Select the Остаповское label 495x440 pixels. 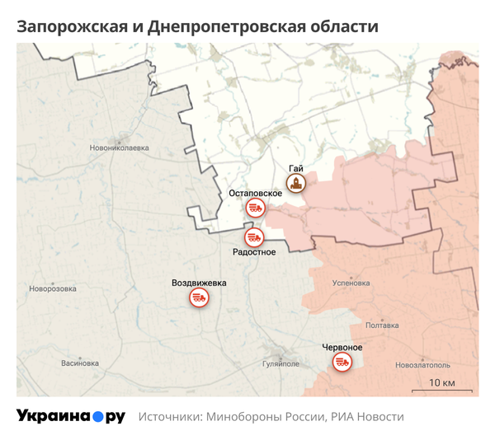click(255, 193)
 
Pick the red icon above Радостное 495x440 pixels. click(253, 237)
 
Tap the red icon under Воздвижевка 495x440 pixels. click(198, 297)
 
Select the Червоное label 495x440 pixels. click(342, 347)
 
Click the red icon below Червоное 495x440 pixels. click(342, 362)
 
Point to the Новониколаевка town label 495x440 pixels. click(120, 148)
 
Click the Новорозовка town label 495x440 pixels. click(53, 288)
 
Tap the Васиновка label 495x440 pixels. click(80, 363)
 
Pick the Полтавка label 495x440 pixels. click(381, 325)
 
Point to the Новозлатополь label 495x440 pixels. click(423, 364)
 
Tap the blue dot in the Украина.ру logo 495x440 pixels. click(97, 417)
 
